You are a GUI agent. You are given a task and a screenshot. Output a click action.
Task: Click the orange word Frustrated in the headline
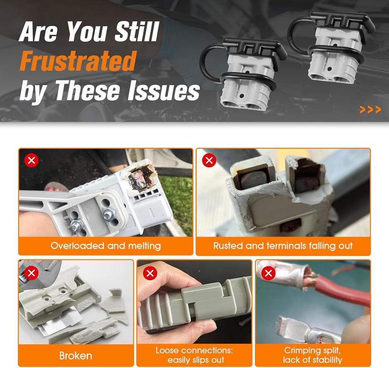point(78,61)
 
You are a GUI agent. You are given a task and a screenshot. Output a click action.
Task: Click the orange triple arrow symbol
point(370,109)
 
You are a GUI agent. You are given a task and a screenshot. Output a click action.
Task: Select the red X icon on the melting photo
point(32,160)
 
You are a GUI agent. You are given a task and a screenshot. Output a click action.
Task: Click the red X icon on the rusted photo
point(209,160)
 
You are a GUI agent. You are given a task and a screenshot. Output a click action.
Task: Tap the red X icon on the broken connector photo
point(32,273)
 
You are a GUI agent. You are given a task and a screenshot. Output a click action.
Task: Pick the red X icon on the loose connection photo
point(150,273)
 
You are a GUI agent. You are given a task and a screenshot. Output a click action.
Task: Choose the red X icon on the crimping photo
point(268,273)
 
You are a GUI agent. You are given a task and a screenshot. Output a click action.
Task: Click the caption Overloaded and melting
point(106,246)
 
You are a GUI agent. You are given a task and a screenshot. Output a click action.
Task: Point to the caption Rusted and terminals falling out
point(283,246)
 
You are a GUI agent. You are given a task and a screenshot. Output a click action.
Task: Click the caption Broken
point(76,356)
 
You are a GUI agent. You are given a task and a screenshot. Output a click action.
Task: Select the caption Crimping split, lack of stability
point(312,355)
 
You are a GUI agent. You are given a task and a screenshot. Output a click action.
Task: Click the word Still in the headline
point(137,32)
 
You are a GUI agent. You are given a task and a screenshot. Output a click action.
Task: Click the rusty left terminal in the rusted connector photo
point(253,180)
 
